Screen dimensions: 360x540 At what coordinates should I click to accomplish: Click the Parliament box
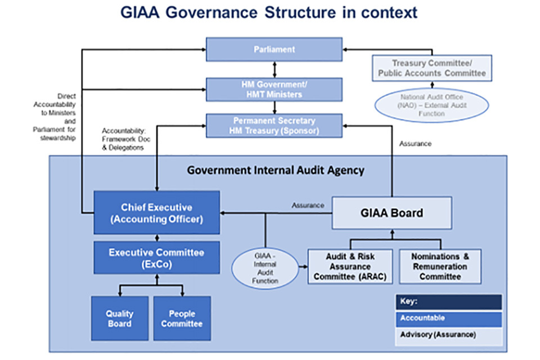click(274, 49)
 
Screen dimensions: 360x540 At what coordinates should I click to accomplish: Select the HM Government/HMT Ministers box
click(274, 89)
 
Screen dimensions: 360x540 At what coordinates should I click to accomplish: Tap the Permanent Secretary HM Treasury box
click(274, 126)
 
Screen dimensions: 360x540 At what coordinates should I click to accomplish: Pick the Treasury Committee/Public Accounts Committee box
click(431, 68)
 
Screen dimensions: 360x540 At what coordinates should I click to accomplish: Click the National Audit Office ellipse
click(431, 105)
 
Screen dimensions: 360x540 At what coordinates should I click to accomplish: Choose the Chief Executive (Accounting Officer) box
click(156, 213)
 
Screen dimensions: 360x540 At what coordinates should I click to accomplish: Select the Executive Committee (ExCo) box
click(156, 258)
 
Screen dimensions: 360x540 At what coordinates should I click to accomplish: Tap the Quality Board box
click(119, 318)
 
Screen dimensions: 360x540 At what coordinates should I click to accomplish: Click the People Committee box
click(182, 318)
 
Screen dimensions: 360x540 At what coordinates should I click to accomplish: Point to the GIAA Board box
click(391, 213)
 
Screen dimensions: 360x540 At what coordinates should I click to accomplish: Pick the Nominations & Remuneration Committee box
click(440, 267)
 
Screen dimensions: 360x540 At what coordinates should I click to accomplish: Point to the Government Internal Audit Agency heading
click(276, 170)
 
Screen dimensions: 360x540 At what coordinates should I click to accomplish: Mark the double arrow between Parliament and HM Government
click(274, 70)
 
